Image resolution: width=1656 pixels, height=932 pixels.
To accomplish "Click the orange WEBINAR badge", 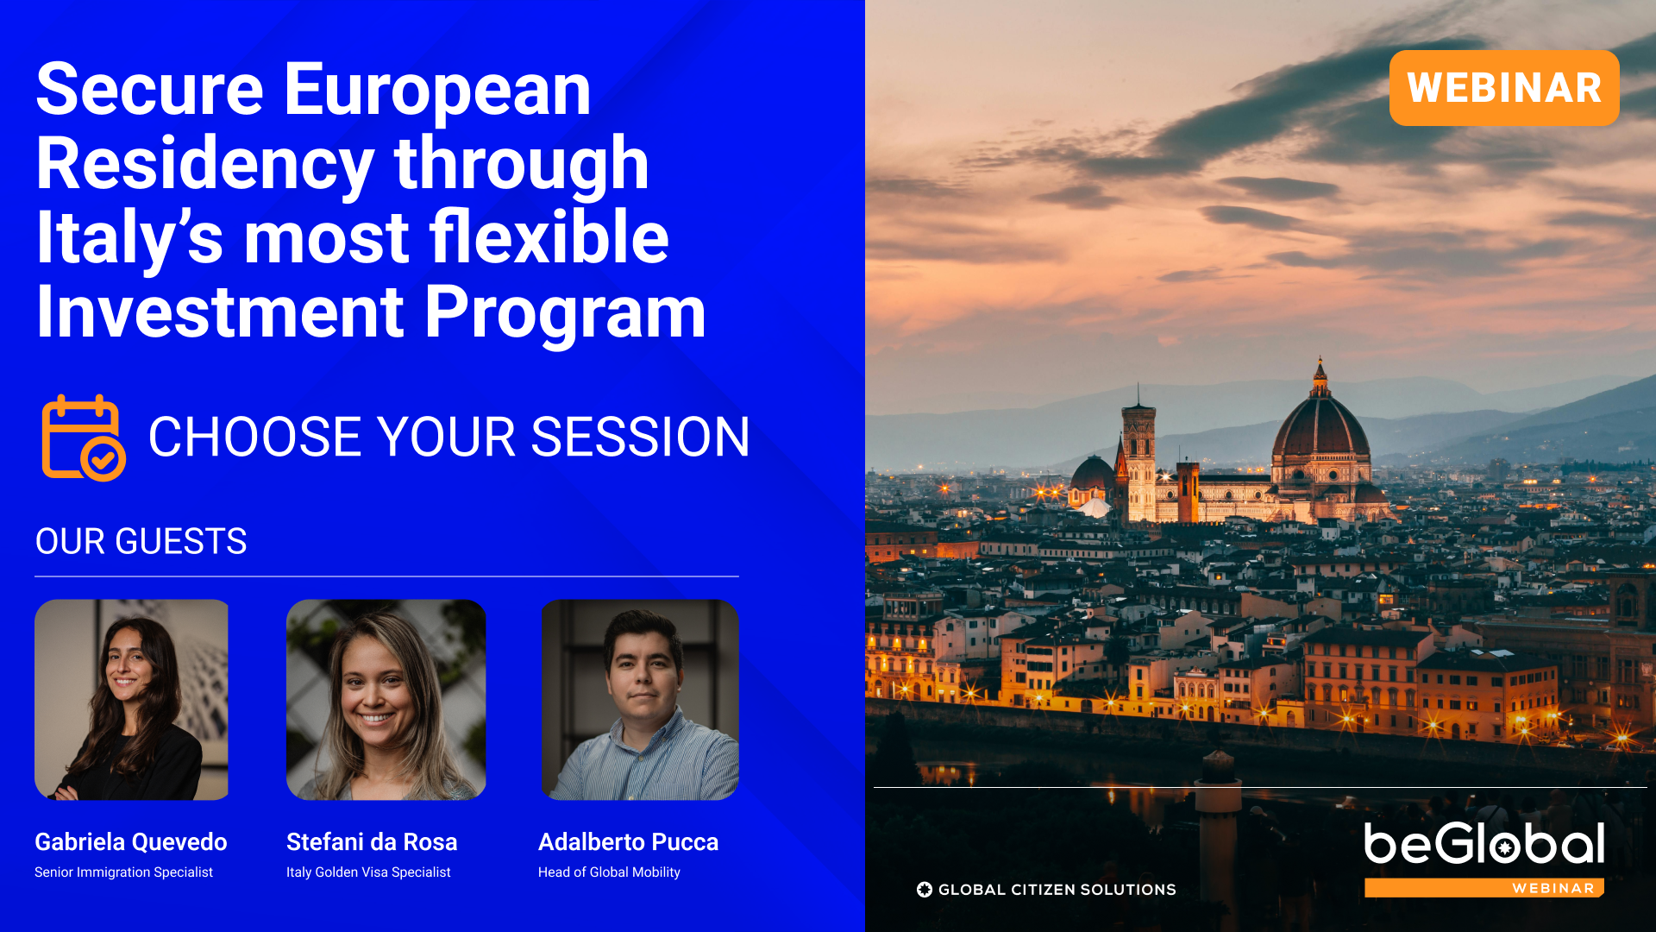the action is pos(1504,88).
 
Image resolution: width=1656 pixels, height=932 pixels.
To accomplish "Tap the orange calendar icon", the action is pos(84,438).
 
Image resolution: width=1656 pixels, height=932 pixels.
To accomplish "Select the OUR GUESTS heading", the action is pos(141,542).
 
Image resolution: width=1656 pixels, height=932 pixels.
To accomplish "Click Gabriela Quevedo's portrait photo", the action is pos(131,700).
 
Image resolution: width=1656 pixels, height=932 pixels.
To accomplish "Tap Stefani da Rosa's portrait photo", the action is pos(386,700).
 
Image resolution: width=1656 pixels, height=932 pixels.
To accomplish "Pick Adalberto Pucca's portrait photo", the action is pos(640,700).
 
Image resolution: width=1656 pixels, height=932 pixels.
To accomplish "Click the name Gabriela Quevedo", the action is pos(131,842).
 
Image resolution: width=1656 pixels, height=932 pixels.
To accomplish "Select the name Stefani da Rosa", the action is pos(372,842).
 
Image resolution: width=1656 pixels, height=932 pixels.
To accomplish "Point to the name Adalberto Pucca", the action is pos(628,842).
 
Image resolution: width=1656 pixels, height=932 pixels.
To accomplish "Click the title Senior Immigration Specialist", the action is pos(123,872).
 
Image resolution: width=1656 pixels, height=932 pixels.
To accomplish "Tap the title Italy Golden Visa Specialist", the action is pos(368,872).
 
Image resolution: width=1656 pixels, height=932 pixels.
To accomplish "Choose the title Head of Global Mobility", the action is pos(609,872).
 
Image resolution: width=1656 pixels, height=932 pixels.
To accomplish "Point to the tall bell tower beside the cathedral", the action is pos(1138,457).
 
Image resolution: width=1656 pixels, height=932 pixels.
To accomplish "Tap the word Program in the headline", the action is pos(565,312).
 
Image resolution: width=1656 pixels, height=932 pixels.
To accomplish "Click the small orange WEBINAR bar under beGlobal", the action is pos(1484,888).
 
